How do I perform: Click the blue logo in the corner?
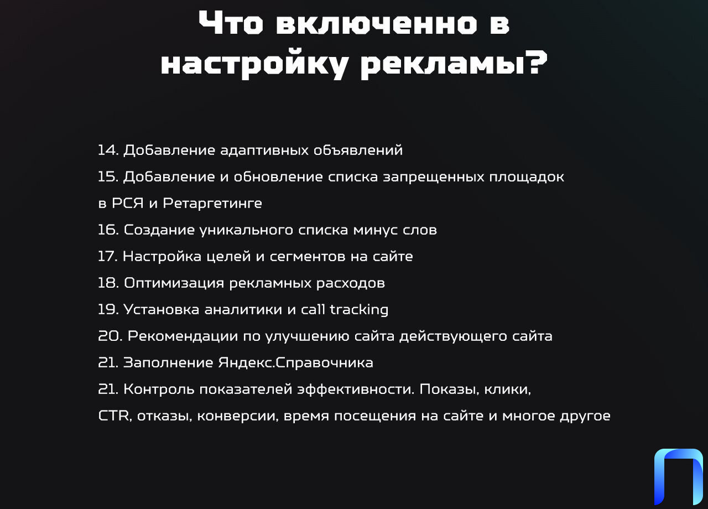tap(678, 477)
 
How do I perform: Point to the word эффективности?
tap(356, 389)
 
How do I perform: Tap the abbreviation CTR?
tap(114, 415)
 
